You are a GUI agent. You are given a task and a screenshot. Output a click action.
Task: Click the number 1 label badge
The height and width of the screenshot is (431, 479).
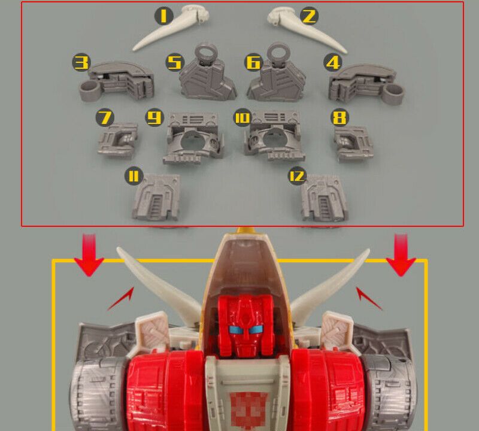pos(163,16)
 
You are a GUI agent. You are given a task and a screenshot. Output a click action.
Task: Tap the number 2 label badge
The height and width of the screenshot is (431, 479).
pos(309,16)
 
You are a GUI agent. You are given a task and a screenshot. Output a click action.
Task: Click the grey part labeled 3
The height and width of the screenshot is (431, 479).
pos(117,81)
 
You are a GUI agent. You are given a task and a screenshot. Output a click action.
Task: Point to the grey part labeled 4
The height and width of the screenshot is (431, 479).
pos(366,83)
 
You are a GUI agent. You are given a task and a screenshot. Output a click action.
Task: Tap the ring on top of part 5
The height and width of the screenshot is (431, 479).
pos(204,53)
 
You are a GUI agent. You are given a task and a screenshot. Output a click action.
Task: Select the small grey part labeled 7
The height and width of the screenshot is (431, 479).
pos(117,140)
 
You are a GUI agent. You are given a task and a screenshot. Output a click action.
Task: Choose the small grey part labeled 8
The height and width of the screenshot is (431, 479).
pos(353,143)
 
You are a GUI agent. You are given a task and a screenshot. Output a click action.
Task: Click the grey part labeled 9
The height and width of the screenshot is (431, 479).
pos(193,138)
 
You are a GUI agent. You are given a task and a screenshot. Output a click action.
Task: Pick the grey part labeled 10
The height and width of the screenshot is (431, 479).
pos(275,136)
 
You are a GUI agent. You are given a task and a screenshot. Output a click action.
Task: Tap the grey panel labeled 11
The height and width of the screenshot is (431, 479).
pos(156,197)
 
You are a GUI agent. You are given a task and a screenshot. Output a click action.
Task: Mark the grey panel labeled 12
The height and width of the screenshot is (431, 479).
pos(324,198)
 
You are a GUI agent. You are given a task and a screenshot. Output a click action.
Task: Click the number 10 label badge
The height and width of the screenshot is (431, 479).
pos(242,117)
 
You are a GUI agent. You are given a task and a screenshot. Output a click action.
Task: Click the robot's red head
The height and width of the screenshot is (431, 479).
pos(244,326)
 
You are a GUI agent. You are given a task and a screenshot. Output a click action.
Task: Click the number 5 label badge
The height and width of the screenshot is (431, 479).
pos(175,63)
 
